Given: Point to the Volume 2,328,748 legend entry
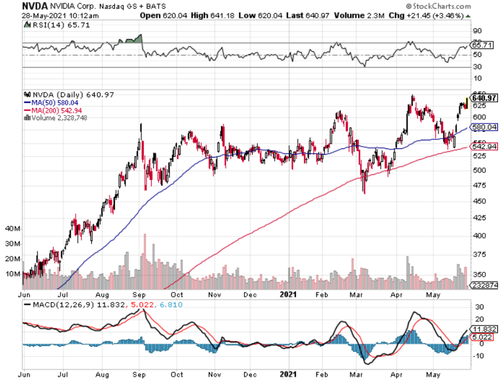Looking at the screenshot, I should click(53, 118).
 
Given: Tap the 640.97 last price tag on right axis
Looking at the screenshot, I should click(485, 98).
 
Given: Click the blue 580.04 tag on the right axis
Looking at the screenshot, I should click(485, 127).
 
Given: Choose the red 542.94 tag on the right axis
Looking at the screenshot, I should click(485, 146).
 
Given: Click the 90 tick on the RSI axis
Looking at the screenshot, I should click(476, 31).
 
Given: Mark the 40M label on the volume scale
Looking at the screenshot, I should click(12, 229).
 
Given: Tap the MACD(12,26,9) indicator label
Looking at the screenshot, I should click(56, 305).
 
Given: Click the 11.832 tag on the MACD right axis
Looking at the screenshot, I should click(484, 329).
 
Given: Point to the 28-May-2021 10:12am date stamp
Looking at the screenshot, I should click(46, 16).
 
